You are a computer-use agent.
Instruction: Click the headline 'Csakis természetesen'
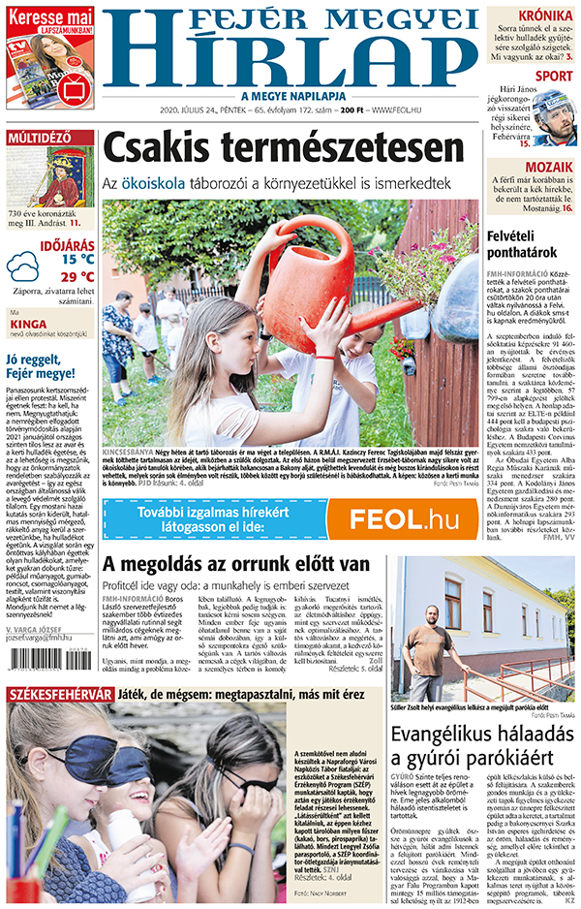pyautogui.click(x=283, y=148)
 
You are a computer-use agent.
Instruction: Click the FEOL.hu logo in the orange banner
pyautogui.click(x=404, y=519)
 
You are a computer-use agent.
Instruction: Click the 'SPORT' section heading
pyautogui.click(x=553, y=76)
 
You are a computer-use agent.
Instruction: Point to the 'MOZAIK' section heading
pyautogui.click(x=549, y=167)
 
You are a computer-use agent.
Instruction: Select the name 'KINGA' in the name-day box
pyautogui.click(x=28, y=326)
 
